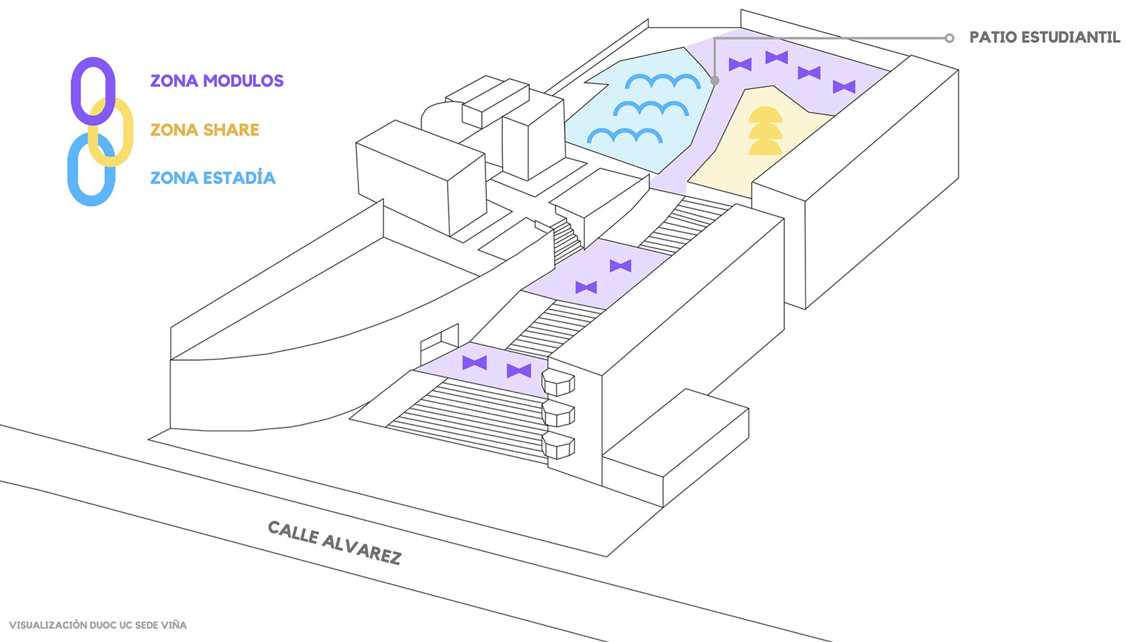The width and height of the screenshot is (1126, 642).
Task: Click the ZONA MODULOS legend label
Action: coord(216,81)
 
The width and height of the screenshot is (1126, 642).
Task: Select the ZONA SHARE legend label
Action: coord(204,130)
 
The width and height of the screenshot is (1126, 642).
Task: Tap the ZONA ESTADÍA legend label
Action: coord(212,178)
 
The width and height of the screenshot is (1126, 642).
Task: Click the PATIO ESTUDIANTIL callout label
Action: coord(1044,37)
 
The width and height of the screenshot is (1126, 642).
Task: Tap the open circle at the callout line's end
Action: coord(949,38)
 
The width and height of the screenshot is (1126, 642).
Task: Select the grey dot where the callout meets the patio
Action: coord(715,81)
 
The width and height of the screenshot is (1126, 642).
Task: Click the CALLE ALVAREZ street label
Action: coord(334,542)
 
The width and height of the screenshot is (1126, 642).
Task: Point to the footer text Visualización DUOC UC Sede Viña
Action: coord(98,625)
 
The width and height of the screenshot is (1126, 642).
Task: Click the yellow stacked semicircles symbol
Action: coord(765,131)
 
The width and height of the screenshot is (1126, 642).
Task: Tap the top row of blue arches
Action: coord(663,82)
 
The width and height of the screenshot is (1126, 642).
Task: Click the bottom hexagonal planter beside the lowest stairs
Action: coord(558,445)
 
